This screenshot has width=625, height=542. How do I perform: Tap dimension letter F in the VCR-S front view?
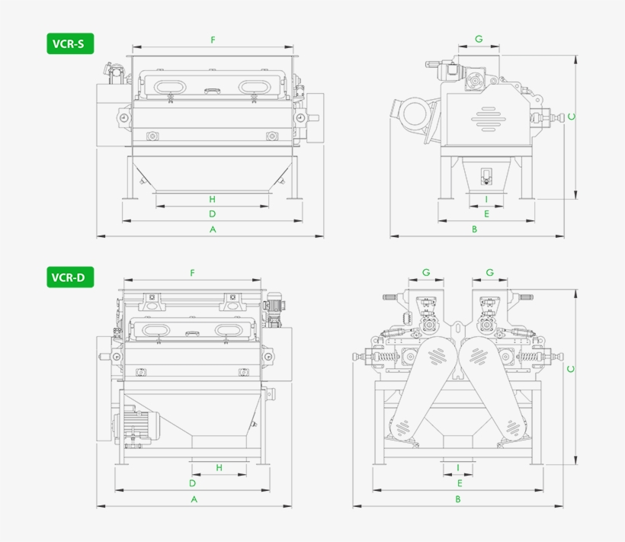(x=213, y=40)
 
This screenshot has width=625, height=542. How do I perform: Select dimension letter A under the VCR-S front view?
(x=213, y=229)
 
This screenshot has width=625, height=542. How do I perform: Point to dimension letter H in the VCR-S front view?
(x=213, y=199)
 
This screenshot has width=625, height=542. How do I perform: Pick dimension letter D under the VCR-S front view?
(x=213, y=214)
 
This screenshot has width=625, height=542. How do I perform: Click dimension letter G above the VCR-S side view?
(x=479, y=39)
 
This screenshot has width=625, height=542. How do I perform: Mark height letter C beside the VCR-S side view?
(x=571, y=117)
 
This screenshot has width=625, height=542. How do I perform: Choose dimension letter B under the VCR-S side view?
(x=474, y=229)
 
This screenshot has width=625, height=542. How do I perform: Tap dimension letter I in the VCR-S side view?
(x=486, y=199)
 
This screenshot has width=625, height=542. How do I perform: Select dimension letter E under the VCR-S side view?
(x=486, y=214)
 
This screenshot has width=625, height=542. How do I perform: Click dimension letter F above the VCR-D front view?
(x=193, y=273)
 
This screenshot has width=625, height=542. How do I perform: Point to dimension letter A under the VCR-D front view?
(x=194, y=499)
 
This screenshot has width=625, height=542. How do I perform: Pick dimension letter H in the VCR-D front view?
(x=219, y=468)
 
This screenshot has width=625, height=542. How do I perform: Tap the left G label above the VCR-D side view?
(x=426, y=272)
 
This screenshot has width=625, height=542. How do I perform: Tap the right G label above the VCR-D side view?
(x=489, y=272)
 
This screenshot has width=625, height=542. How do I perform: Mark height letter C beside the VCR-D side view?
(x=571, y=370)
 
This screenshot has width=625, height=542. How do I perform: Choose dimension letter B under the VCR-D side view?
(x=458, y=499)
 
